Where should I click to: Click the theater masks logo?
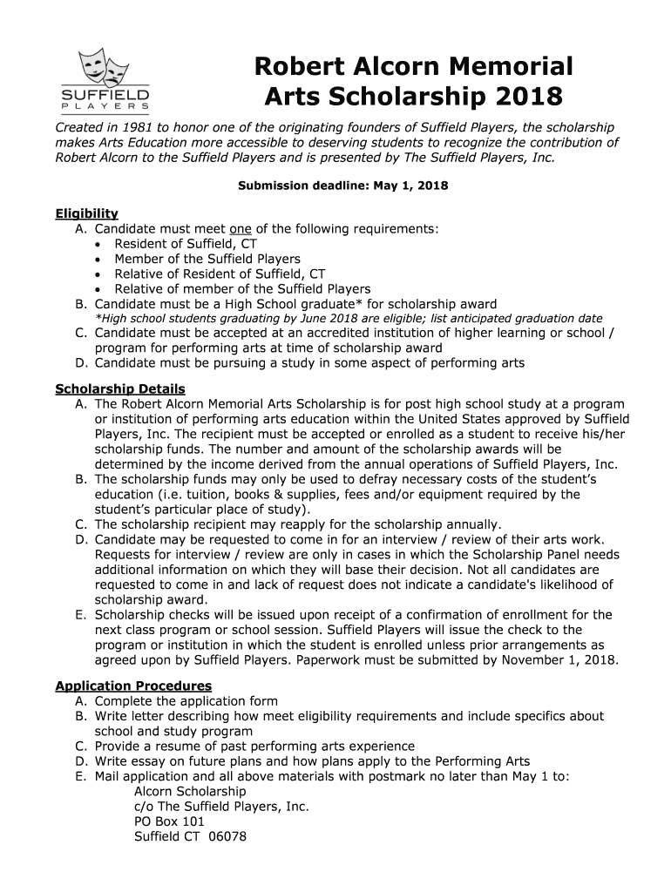pyautogui.click(x=104, y=66)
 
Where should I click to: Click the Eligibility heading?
pyautogui.click(x=87, y=213)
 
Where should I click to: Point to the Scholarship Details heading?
pyautogui.click(x=120, y=389)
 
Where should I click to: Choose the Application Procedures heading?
pyautogui.click(x=133, y=686)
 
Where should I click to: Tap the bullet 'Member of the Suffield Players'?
pyautogui.click(x=207, y=259)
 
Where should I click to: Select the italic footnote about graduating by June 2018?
pyautogui.click(x=349, y=319)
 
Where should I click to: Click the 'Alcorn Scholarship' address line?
pyautogui.click(x=190, y=791)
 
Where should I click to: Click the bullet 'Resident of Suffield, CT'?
pyautogui.click(x=186, y=244)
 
